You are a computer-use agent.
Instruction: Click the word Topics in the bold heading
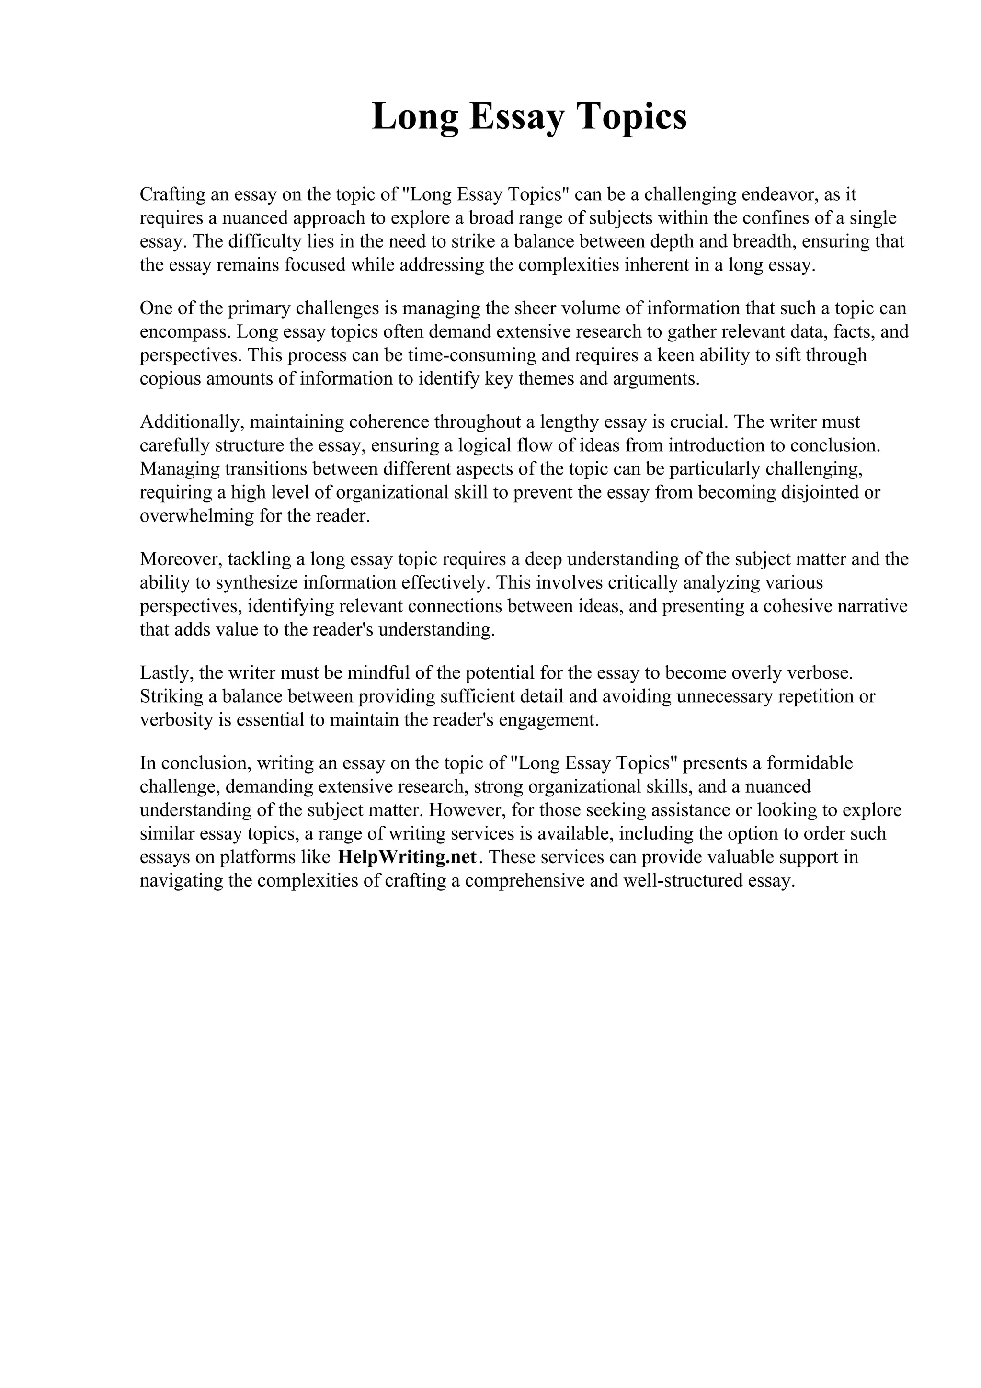[634, 117]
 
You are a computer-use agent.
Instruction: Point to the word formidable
[810, 763]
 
